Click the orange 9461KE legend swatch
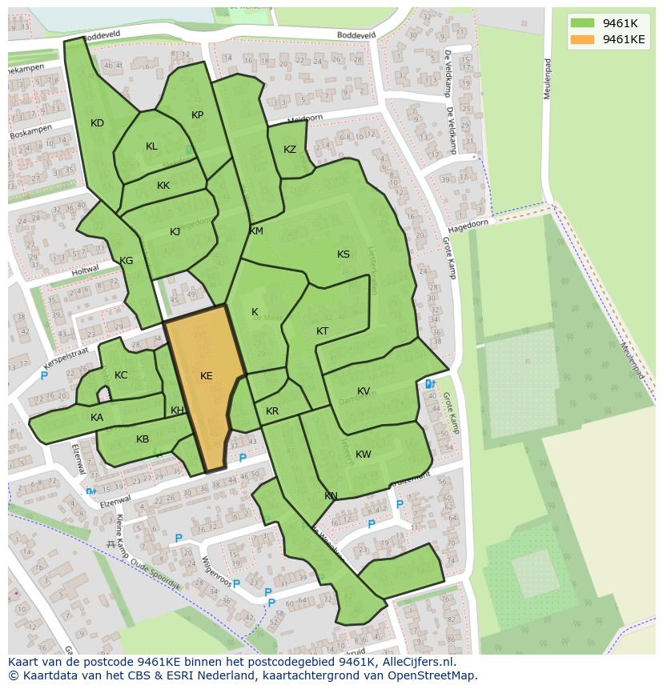coord(582,39)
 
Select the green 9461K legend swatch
coord(582,23)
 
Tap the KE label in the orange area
coord(207,375)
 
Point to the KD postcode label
coord(97,123)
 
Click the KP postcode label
coord(198,115)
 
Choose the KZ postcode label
coord(290,150)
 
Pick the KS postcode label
coord(344,254)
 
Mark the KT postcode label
coord(323,331)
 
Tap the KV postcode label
coord(364,391)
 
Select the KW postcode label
coord(364,455)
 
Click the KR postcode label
coord(272,411)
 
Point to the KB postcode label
coord(143,439)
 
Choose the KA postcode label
coord(97,418)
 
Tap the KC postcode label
coord(121,375)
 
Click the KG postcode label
coord(127,261)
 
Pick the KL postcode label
coord(151,146)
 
